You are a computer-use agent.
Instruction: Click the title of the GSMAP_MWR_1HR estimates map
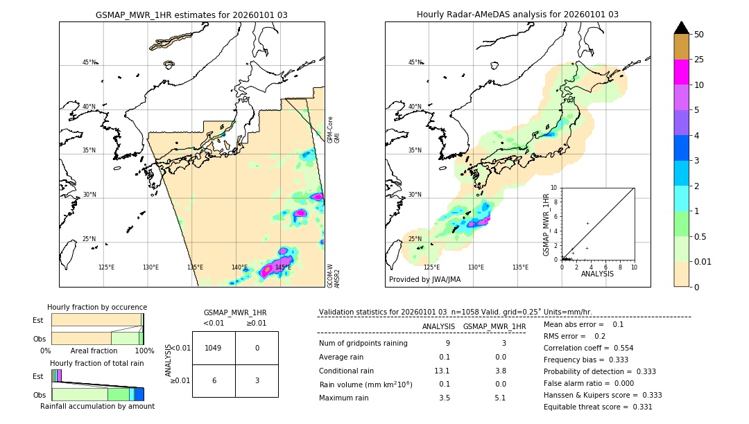click(x=191, y=15)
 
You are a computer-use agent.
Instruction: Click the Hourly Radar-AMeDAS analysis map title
click(x=517, y=15)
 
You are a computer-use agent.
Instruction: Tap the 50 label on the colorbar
click(x=699, y=35)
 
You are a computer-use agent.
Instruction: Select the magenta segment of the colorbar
click(x=681, y=72)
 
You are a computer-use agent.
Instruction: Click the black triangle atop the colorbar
click(x=681, y=28)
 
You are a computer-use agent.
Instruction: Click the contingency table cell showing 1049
click(x=214, y=348)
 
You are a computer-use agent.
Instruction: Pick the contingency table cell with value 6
click(x=214, y=380)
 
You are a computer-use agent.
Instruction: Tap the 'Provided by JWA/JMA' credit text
click(x=424, y=280)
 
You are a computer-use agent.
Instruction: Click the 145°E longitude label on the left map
click(x=283, y=267)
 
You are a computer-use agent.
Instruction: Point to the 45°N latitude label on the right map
click(x=415, y=62)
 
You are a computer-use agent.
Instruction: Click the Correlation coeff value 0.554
click(x=617, y=348)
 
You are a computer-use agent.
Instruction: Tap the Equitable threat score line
click(x=598, y=407)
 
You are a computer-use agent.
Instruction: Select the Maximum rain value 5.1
click(x=499, y=398)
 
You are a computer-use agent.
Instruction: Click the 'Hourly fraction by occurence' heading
click(x=97, y=307)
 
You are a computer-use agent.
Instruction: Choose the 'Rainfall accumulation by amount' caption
click(x=97, y=406)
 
